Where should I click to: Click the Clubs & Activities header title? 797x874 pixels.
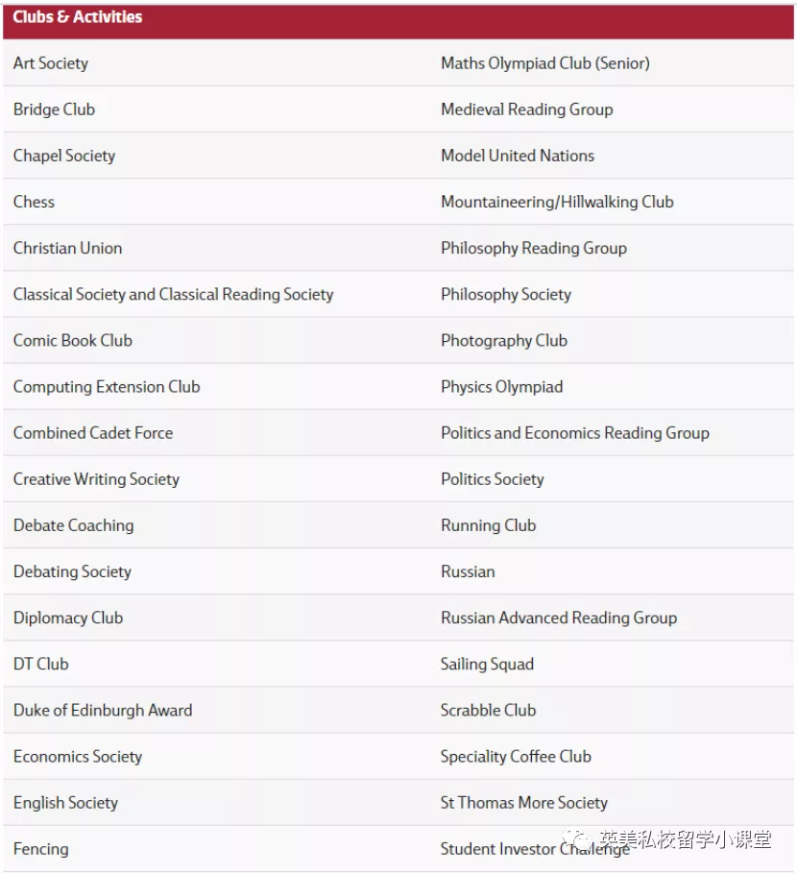pos(78,17)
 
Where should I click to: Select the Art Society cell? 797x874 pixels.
pos(51,63)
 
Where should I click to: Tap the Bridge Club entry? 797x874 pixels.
pos(55,109)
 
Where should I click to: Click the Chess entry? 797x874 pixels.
pos(35,202)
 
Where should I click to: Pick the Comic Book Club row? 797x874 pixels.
pos(73,341)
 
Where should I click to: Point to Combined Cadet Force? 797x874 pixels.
pos(93,433)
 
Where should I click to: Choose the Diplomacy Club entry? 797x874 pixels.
pos(68,618)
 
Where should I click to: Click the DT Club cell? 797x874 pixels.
pos(41,664)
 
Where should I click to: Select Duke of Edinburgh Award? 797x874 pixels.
pos(103,711)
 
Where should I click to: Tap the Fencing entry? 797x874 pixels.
pos(41,849)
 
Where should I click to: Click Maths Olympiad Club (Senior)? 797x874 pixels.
pos(544,63)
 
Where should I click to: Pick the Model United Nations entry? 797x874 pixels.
pos(518,156)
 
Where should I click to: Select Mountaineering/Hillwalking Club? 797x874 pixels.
pos(557,202)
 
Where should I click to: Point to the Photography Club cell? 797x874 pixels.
pos(504,341)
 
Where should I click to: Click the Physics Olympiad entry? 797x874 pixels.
pos(502,387)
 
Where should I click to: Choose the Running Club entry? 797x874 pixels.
pos(489,525)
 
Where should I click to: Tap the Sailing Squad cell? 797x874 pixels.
pos(487,664)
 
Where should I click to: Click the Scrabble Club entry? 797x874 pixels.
pos(489,711)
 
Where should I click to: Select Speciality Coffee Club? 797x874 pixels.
pos(516,757)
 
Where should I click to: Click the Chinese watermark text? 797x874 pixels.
pos(684,839)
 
